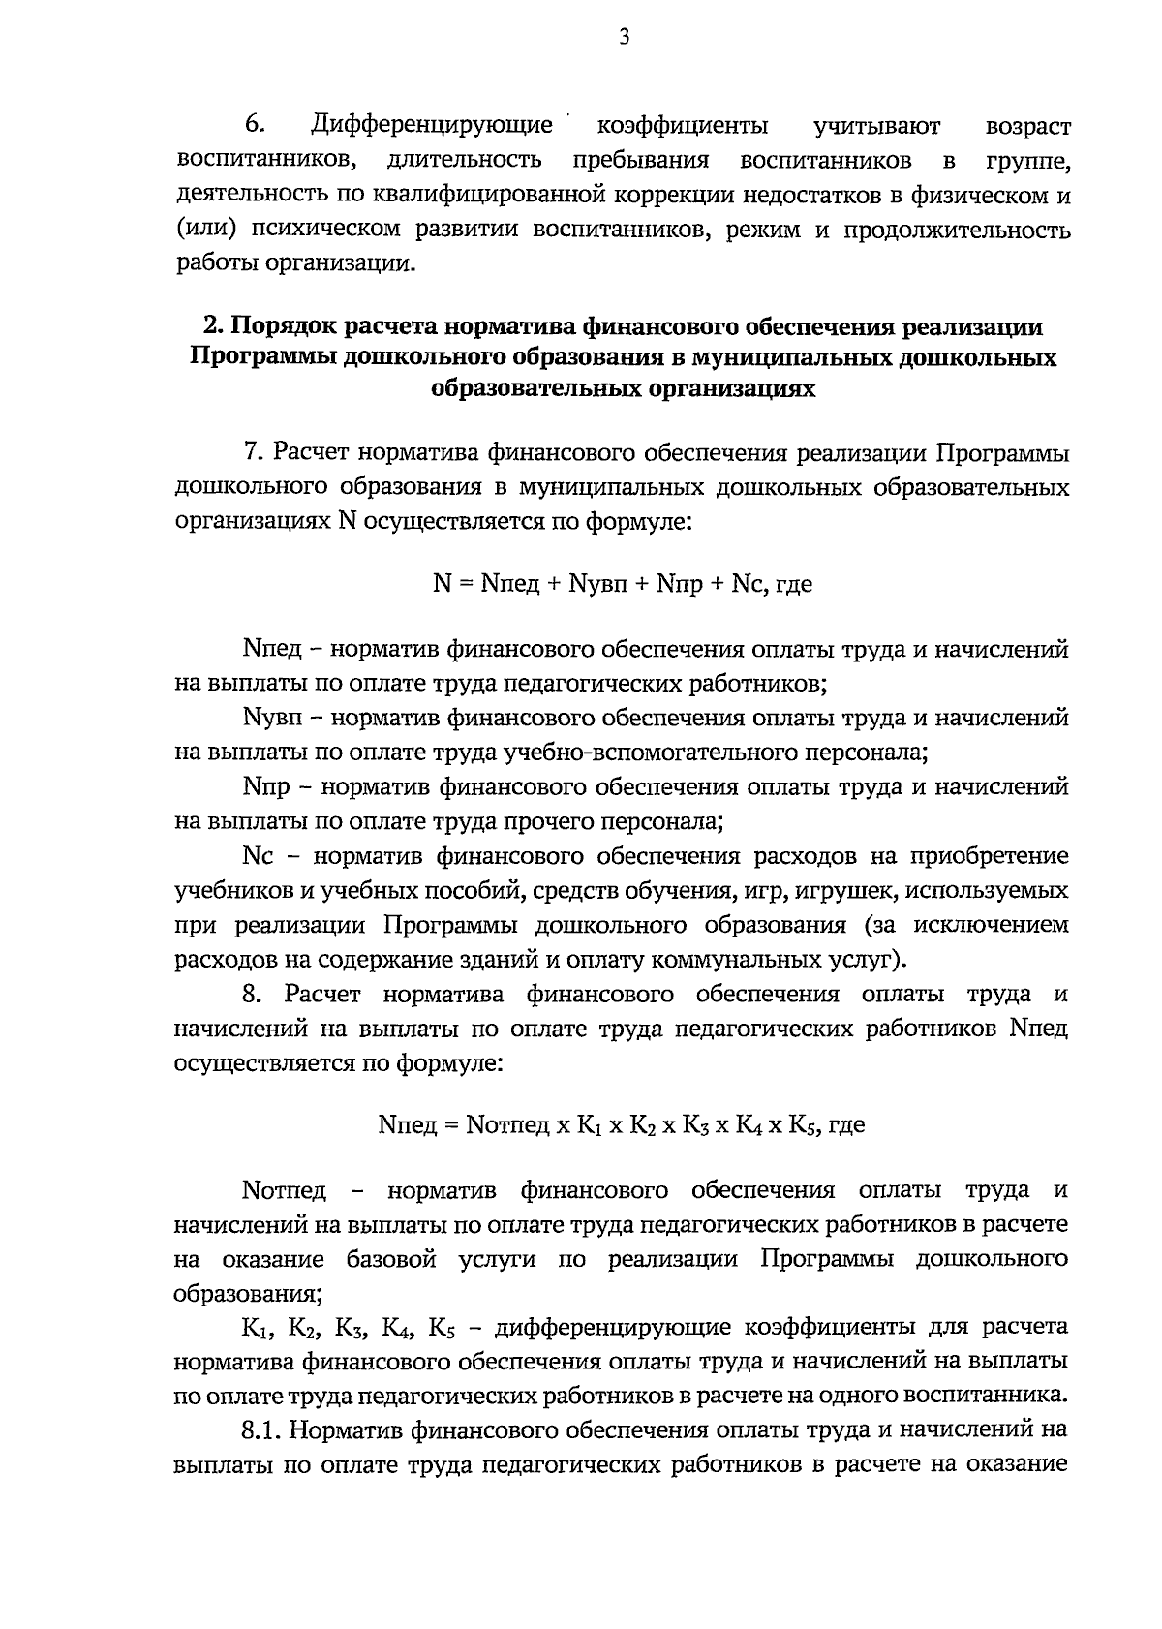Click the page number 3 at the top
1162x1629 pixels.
624,38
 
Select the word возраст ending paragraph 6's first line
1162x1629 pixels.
1027,127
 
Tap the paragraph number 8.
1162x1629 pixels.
253,995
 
